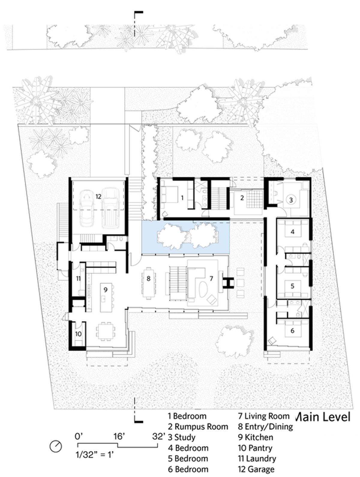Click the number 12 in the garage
click(x=98, y=196)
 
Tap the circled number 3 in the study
click(x=291, y=200)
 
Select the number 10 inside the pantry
click(x=78, y=334)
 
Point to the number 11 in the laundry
click(x=78, y=278)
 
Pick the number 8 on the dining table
click(x=148, y=278)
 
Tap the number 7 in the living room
click(x=211, y=278)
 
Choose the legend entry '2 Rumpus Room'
click(x=198, y=427)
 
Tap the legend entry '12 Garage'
click(x=256, y=469)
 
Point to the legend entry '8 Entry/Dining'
click(x=265, y=427)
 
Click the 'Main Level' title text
click(x=323, y=417)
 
